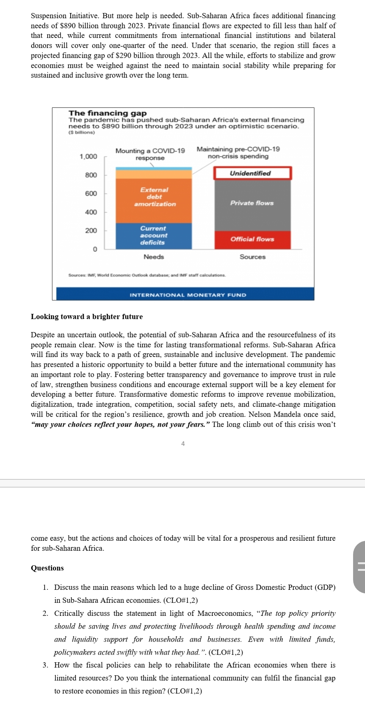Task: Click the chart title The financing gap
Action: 108,113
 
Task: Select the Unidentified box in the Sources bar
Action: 252,173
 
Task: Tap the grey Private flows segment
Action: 252,203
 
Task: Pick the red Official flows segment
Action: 252,239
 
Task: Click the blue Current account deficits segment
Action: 153,235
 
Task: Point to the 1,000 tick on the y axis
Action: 88,157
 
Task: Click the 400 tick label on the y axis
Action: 91,212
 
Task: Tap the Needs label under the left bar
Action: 154,257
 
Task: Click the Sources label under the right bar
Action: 253,257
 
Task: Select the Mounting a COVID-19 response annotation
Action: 150,154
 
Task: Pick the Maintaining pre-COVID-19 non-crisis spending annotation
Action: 238,152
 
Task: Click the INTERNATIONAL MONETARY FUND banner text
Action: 188,295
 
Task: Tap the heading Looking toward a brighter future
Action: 87,317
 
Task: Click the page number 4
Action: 183,444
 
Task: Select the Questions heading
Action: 47,568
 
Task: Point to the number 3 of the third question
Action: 45,665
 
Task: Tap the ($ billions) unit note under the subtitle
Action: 81,132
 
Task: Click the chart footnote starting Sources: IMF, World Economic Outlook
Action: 147,275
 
